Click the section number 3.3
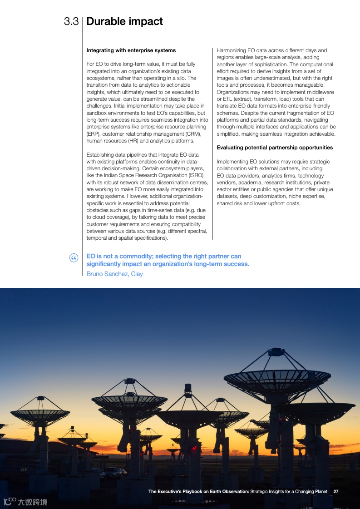(x=72, y=21)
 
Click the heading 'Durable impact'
(x=124, y=21)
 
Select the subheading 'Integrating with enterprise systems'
(x=131, y=50)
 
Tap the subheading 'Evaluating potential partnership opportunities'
(x=275, y=148)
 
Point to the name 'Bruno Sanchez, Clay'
(x=114, y=274)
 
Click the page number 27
(x=336, y=491)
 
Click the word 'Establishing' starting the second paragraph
(x=101, y=155)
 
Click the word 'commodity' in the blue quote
(x=135, y=257)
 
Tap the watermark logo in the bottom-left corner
(x=25, y=502)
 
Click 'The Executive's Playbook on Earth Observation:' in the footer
(x=198, y=491)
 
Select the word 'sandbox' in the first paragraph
(x=97, y=113)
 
